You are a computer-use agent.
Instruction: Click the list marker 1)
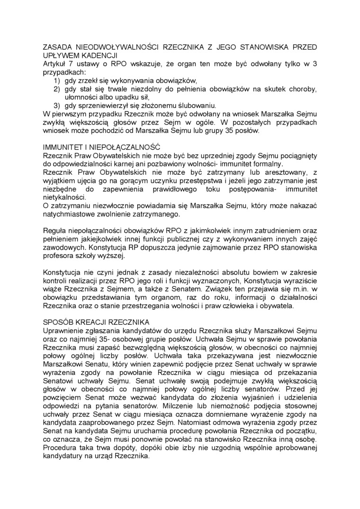(56, 80)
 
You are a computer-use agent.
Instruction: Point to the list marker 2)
(56, 89)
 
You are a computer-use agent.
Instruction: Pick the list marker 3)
(56, 105)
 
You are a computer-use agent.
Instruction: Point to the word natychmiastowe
(68, 214)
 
